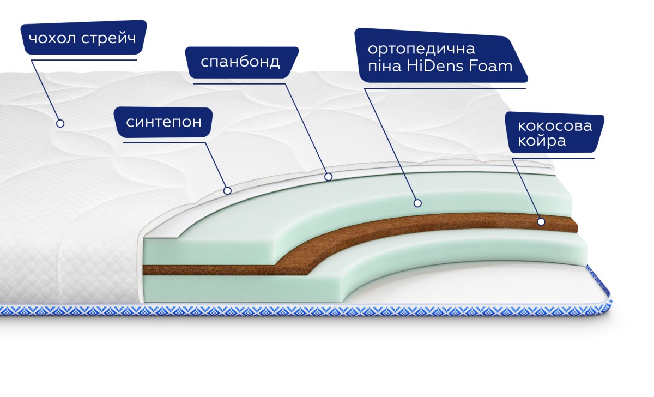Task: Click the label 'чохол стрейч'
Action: (x=83, y=38)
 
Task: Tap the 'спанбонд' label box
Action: (x=242, y=62)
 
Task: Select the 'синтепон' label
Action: (x=163, y=122)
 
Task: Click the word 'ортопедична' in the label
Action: (x=421, y=49)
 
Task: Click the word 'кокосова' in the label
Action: (x=555, y=126)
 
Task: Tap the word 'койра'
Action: (x=542, y=141)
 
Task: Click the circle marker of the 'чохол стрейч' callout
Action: (x=60, y=124)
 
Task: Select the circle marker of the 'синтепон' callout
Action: (x=227, y=191)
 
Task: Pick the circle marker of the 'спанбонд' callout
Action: (x=329, y=177)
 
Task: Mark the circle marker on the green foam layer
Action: (x=418, y=203)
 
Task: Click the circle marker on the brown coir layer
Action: (x=541, y=222)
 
